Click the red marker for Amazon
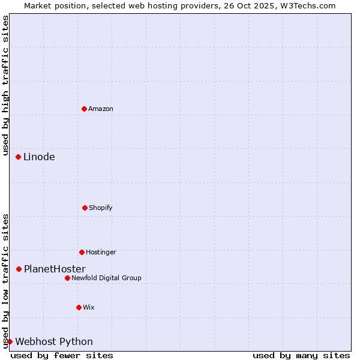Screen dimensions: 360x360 coord(85,109)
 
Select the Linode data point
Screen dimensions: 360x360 coord(19,157)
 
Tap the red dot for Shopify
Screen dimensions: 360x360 coord(85,208)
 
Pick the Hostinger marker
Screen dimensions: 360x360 coord(82,252)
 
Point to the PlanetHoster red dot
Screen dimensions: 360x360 coord(19,269)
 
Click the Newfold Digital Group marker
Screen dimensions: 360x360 coord(67,278)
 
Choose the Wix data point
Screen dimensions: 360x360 coord(79,307)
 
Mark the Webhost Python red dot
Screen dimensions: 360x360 coord(10,341)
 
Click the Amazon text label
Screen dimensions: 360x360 coord(101,109)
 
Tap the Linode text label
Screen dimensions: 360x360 coord(39,157)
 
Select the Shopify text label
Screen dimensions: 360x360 coord(101,208)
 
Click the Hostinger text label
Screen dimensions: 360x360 coord(101,252)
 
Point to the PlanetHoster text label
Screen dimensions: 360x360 coord(55,269)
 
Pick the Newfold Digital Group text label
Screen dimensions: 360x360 coord(106,278)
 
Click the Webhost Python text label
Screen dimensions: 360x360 coord(54,342)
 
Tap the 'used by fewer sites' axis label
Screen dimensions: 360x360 coord(62,355)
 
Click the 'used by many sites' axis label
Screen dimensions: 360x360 coord(301,355)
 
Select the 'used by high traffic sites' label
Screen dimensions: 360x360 coord(5,84)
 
